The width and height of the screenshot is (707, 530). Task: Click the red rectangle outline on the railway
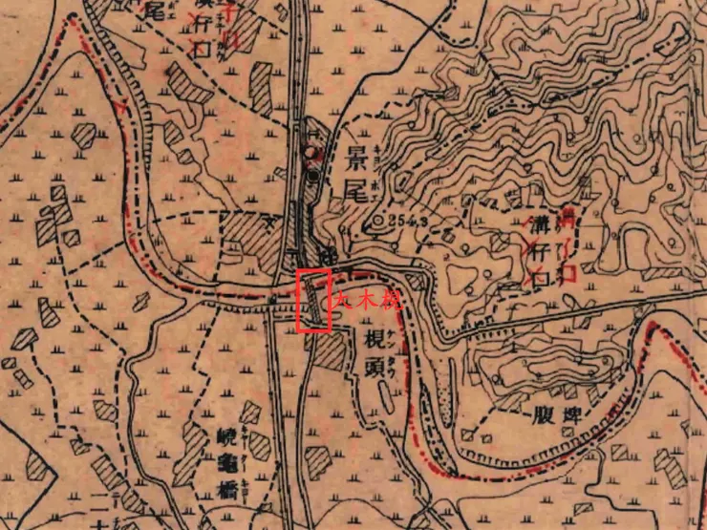coord(314,301)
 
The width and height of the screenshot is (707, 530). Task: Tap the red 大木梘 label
coord(362,298)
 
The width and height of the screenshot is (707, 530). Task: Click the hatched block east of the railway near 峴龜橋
coord(317,460)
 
